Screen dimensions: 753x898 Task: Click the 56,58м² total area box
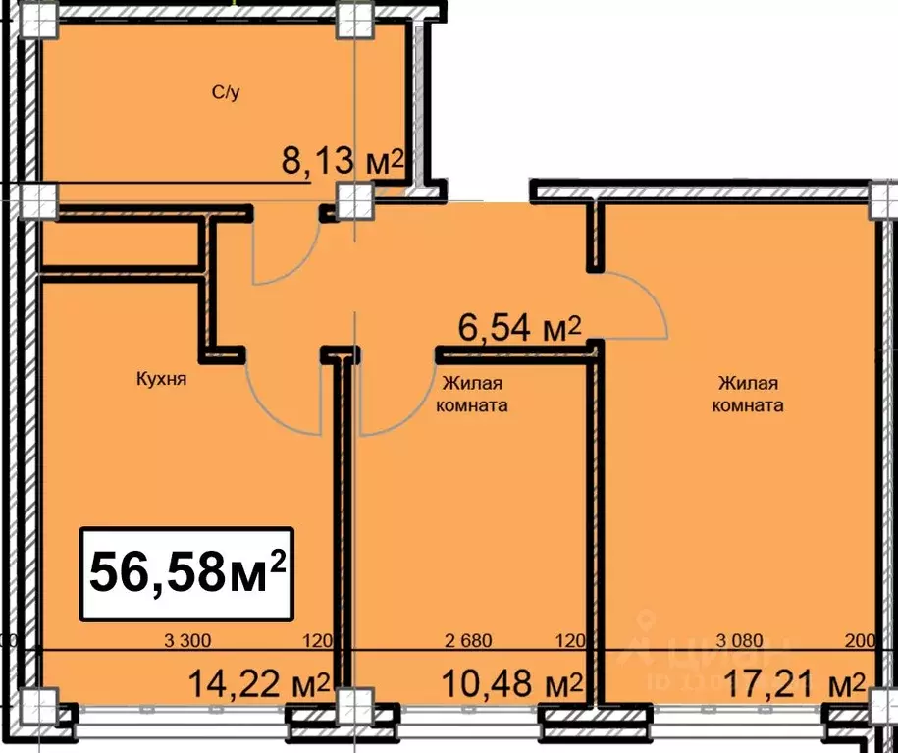click(x=186, y=572)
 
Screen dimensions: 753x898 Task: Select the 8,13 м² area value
click(x=343, y=161)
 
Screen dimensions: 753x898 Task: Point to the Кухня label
click(x=162, y=378)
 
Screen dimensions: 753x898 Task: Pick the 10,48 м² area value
click(x=511, y=681)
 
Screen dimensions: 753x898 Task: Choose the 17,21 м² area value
click(x=794, y=681)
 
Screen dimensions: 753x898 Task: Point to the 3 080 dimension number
click(x=740, y=642)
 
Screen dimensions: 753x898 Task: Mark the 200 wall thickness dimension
click(x=859, y=642)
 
